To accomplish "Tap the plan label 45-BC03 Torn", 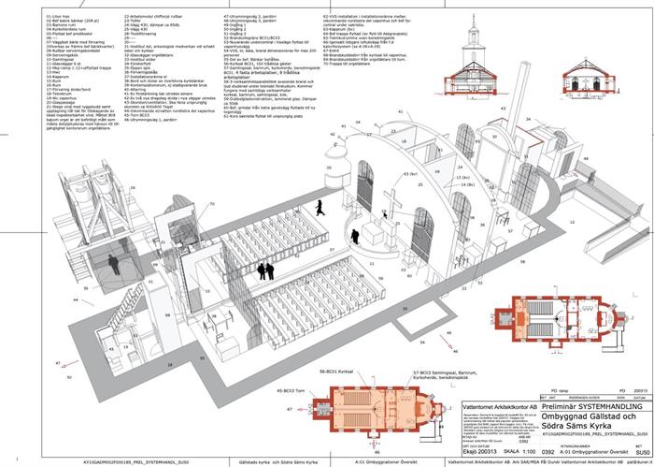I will tap(295, 389).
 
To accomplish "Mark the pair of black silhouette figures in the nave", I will tap(266, 270).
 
